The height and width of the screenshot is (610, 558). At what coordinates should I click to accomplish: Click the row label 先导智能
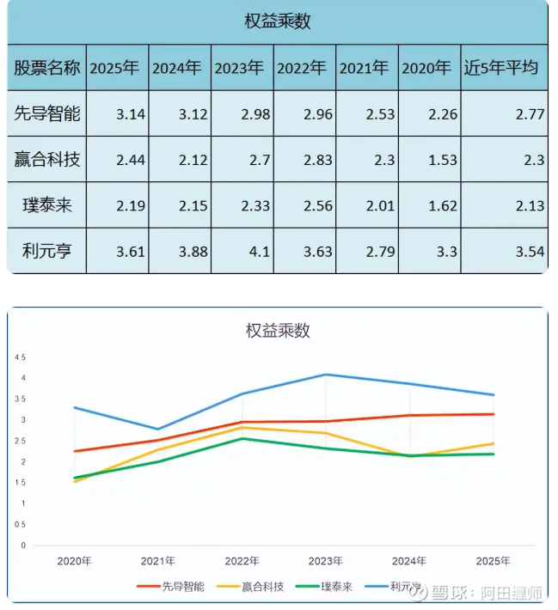(48, 113)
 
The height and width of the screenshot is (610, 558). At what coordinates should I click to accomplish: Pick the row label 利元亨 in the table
(48, 251)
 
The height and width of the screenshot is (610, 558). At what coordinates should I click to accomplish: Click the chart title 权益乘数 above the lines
(278, 330)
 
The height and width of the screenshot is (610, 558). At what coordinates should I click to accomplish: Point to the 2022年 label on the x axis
(242, 561)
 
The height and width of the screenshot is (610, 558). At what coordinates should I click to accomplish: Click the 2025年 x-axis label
(493, 561)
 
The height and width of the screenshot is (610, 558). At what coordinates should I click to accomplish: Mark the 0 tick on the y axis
(23, 546)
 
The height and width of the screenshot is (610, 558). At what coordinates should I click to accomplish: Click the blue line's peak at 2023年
(326, 375)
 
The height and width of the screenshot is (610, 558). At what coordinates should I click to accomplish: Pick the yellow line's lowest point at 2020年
(75, 481)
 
